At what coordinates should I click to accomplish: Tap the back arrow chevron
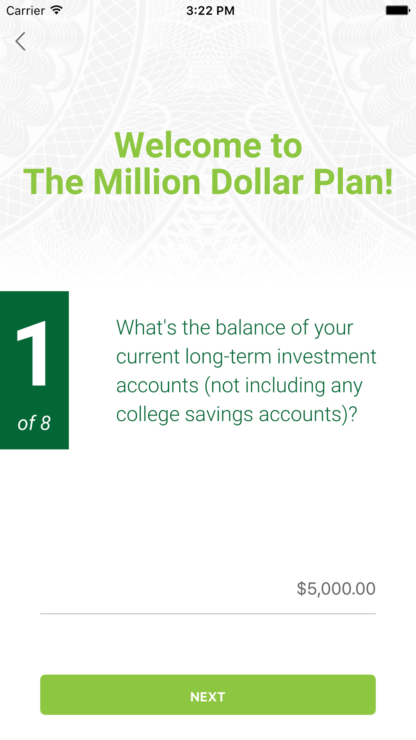click(20, 41)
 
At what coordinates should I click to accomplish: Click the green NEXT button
click(208, 695)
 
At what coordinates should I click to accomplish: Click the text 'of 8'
click(34, 423)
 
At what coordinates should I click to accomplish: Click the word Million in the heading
click(147, 182)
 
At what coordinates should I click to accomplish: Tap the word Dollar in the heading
click(257, 182)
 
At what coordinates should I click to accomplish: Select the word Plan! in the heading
click(353, 182)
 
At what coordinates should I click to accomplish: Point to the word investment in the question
click(327, 357)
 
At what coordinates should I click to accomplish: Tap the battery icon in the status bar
click(398, 10)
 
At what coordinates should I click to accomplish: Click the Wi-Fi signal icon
click(57, 10)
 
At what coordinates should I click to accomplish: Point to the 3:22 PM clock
click(210, 10)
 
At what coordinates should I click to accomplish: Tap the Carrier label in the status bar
click(25, 10)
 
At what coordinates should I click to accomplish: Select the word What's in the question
click(146, 328)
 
